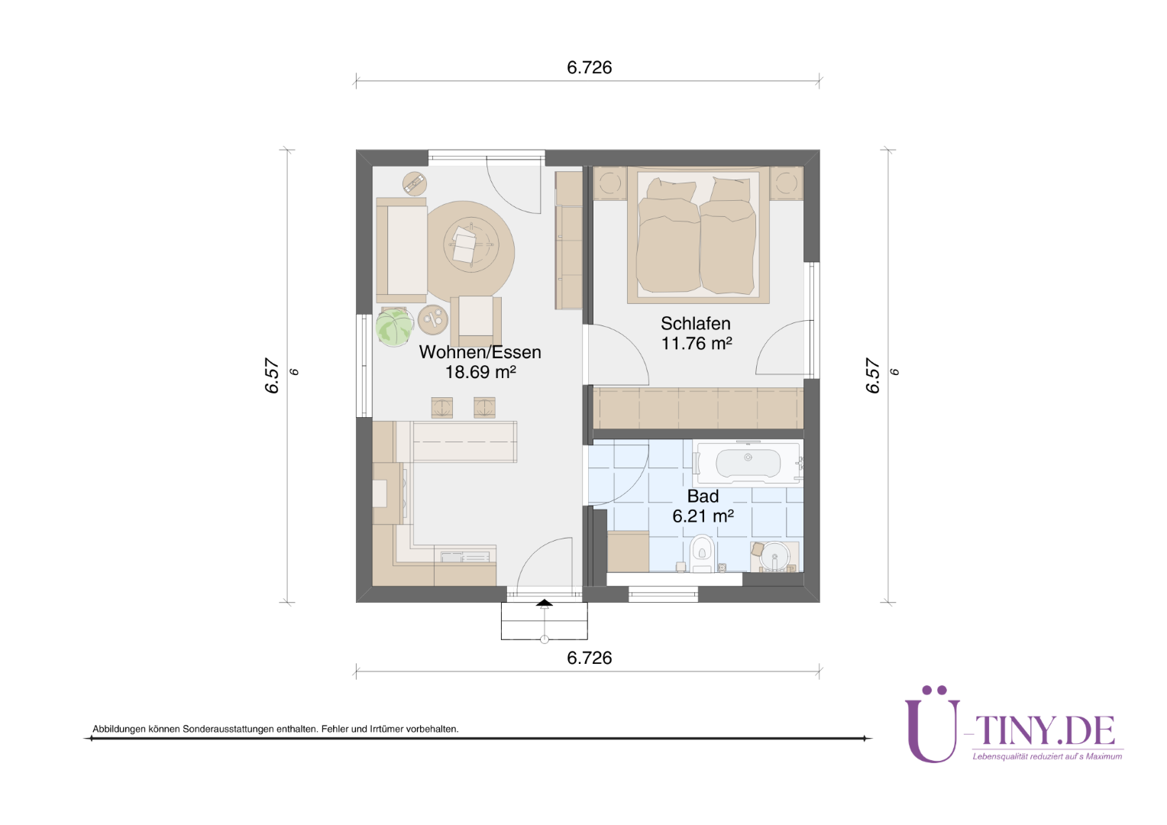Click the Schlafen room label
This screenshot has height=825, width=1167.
(x=696, y=324)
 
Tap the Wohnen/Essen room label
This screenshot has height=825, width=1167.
(x=480, y=352)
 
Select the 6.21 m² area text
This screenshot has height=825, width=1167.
(x=703, y=516)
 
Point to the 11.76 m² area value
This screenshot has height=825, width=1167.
(x=697, y=344)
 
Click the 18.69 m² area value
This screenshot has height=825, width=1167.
(x=480, y=372)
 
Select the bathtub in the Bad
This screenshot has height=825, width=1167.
(x=748, y=462)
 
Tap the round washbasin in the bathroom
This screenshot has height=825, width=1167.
(x=774, y=558)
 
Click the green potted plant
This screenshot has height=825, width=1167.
(x=394, y=327)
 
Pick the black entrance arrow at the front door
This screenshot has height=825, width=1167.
(x=545, y=603)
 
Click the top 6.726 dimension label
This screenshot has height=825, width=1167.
(x=590, y=67)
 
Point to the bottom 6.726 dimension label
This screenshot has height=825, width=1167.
(x=590, y=658)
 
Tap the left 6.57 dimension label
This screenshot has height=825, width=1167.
(x=273, y=375)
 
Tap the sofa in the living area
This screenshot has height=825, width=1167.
(x=401, y=251)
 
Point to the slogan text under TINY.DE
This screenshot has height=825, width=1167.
(x=1047, y=756)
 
